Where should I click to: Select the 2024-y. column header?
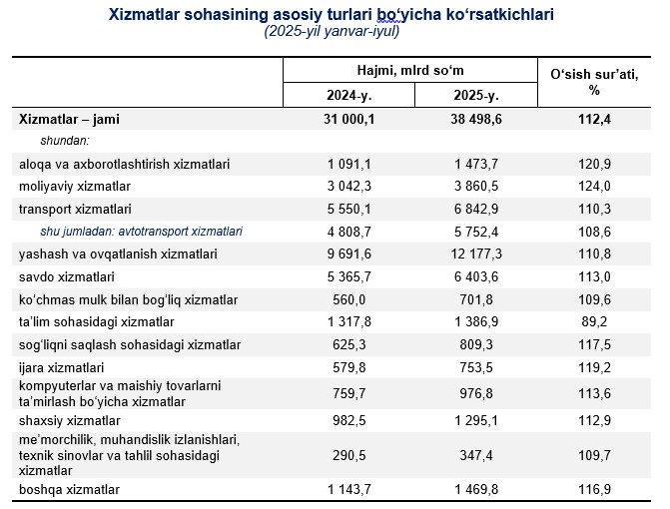(347, 95)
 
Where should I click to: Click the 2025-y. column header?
(477, 95)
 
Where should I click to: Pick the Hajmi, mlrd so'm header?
(411, 70)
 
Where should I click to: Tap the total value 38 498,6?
(477, 119)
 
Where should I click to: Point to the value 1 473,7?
(477, 164)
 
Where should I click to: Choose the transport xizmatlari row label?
(75, 209)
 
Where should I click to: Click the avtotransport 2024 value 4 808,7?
(347, 232)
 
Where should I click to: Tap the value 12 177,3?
(477, 254)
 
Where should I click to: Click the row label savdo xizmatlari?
(66, 276)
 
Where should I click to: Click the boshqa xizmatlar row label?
(69, 489)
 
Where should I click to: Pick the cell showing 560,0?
(347, 298)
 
